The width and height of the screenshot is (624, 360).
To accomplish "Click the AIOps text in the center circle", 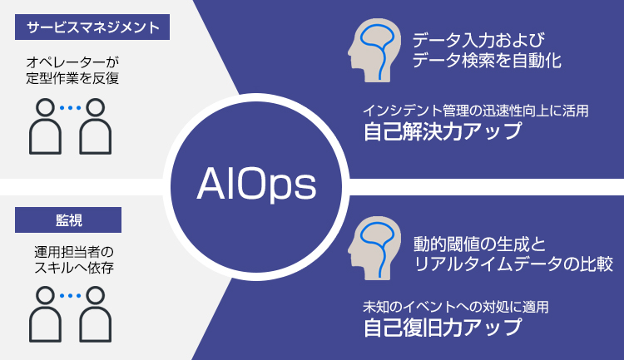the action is click(257, 185).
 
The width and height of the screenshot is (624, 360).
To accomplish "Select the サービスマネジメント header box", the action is click(92, 27).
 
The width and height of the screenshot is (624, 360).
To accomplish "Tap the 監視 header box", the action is click(68, 220).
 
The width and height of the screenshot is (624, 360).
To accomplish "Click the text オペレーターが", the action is click(72, 62).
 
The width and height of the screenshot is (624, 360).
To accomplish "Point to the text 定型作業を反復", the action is click(72, 78).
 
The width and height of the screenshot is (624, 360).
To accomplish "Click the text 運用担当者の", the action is click(74, 252).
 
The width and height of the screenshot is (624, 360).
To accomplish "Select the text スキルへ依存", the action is click(74, 268).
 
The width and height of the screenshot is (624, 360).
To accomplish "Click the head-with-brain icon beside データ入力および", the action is click(374, 51).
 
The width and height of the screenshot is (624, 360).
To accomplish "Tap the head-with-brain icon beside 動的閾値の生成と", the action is click(374, 249).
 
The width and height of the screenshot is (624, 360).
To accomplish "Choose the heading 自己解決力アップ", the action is click(443, 131).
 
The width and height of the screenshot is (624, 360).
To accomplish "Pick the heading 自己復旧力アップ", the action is click(443, 328).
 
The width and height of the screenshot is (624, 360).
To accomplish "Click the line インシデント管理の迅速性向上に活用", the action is click(476, 111).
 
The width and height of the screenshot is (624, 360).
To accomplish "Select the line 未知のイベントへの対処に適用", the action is click(456, 307).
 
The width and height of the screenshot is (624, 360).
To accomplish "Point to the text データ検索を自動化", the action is click(487, 61).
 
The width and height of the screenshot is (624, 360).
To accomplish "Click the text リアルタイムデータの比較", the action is click(513, 264).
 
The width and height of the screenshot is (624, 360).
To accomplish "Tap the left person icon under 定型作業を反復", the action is click(45, 126).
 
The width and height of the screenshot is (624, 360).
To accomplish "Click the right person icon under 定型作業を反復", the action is click(95, 126).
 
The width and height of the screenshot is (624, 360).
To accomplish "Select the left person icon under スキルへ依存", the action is click(45, 314).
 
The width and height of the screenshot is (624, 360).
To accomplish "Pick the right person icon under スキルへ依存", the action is click(95, 314).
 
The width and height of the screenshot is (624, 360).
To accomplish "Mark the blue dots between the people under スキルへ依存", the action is click(70, 295).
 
